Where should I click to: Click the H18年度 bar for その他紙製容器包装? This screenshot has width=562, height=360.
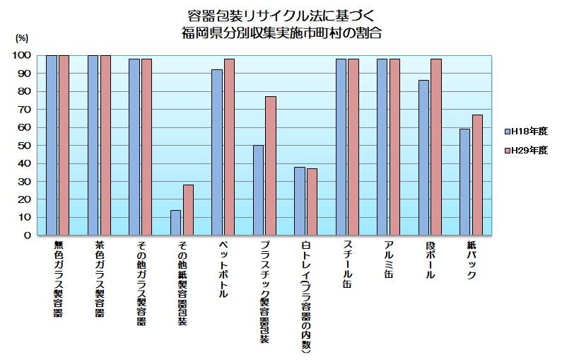(175, 222)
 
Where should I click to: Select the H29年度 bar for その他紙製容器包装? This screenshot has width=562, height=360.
(188, 209)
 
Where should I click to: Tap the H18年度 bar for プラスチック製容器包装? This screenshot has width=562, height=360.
(258, 190)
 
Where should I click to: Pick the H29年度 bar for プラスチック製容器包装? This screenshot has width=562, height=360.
(271, 166)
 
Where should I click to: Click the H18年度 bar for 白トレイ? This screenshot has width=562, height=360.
(300, 201)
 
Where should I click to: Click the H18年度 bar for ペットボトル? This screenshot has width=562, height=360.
(217, 151)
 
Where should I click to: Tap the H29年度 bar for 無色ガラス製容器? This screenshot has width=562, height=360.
(64, 145)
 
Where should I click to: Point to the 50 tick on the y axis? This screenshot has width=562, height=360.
(23, 145)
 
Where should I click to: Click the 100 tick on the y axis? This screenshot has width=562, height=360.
(21, 55)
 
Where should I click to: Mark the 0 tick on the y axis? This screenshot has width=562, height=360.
(27, 235)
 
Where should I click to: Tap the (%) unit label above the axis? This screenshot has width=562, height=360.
(22, 37)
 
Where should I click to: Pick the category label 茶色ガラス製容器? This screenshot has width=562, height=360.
(99, 279)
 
